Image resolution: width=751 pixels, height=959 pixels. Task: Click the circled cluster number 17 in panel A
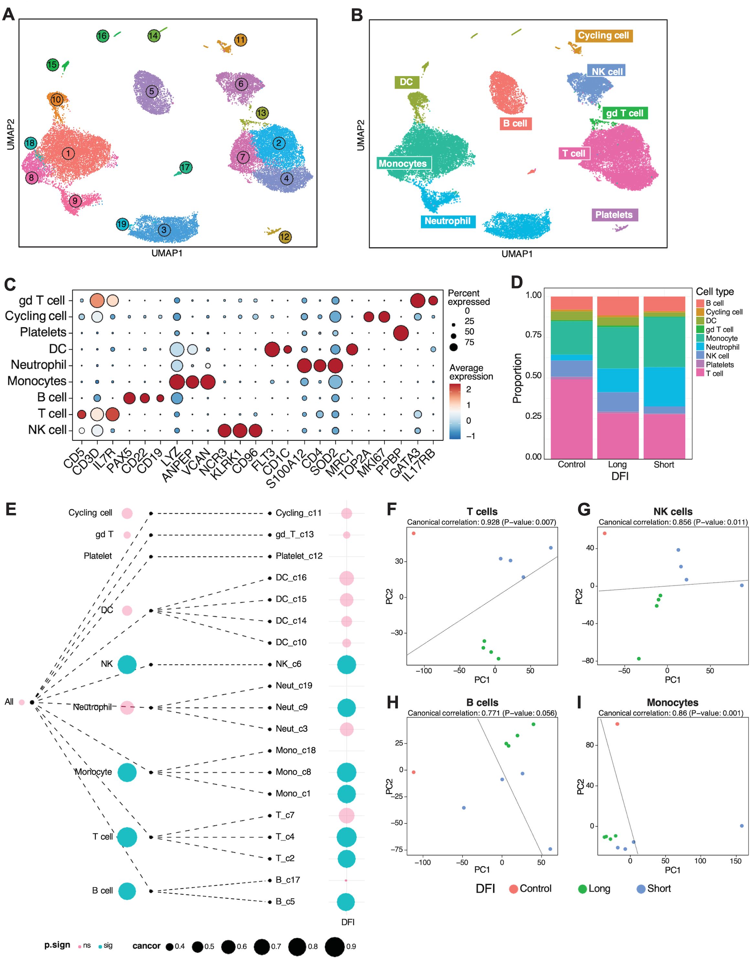point(185,167)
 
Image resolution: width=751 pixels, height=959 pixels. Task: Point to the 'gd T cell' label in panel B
point(624,113)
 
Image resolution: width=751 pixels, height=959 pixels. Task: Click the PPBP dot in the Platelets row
point(401,333)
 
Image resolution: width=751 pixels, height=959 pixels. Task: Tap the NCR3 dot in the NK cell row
point(225,431)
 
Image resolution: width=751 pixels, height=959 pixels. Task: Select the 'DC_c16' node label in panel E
point(291,577)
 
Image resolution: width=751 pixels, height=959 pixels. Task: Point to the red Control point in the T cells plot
point(413,533)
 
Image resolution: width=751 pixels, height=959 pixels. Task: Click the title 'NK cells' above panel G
point(672,511)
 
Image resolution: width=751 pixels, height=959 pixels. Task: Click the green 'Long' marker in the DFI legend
point(582,888)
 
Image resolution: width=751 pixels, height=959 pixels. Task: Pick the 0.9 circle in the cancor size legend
point(335,946)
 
